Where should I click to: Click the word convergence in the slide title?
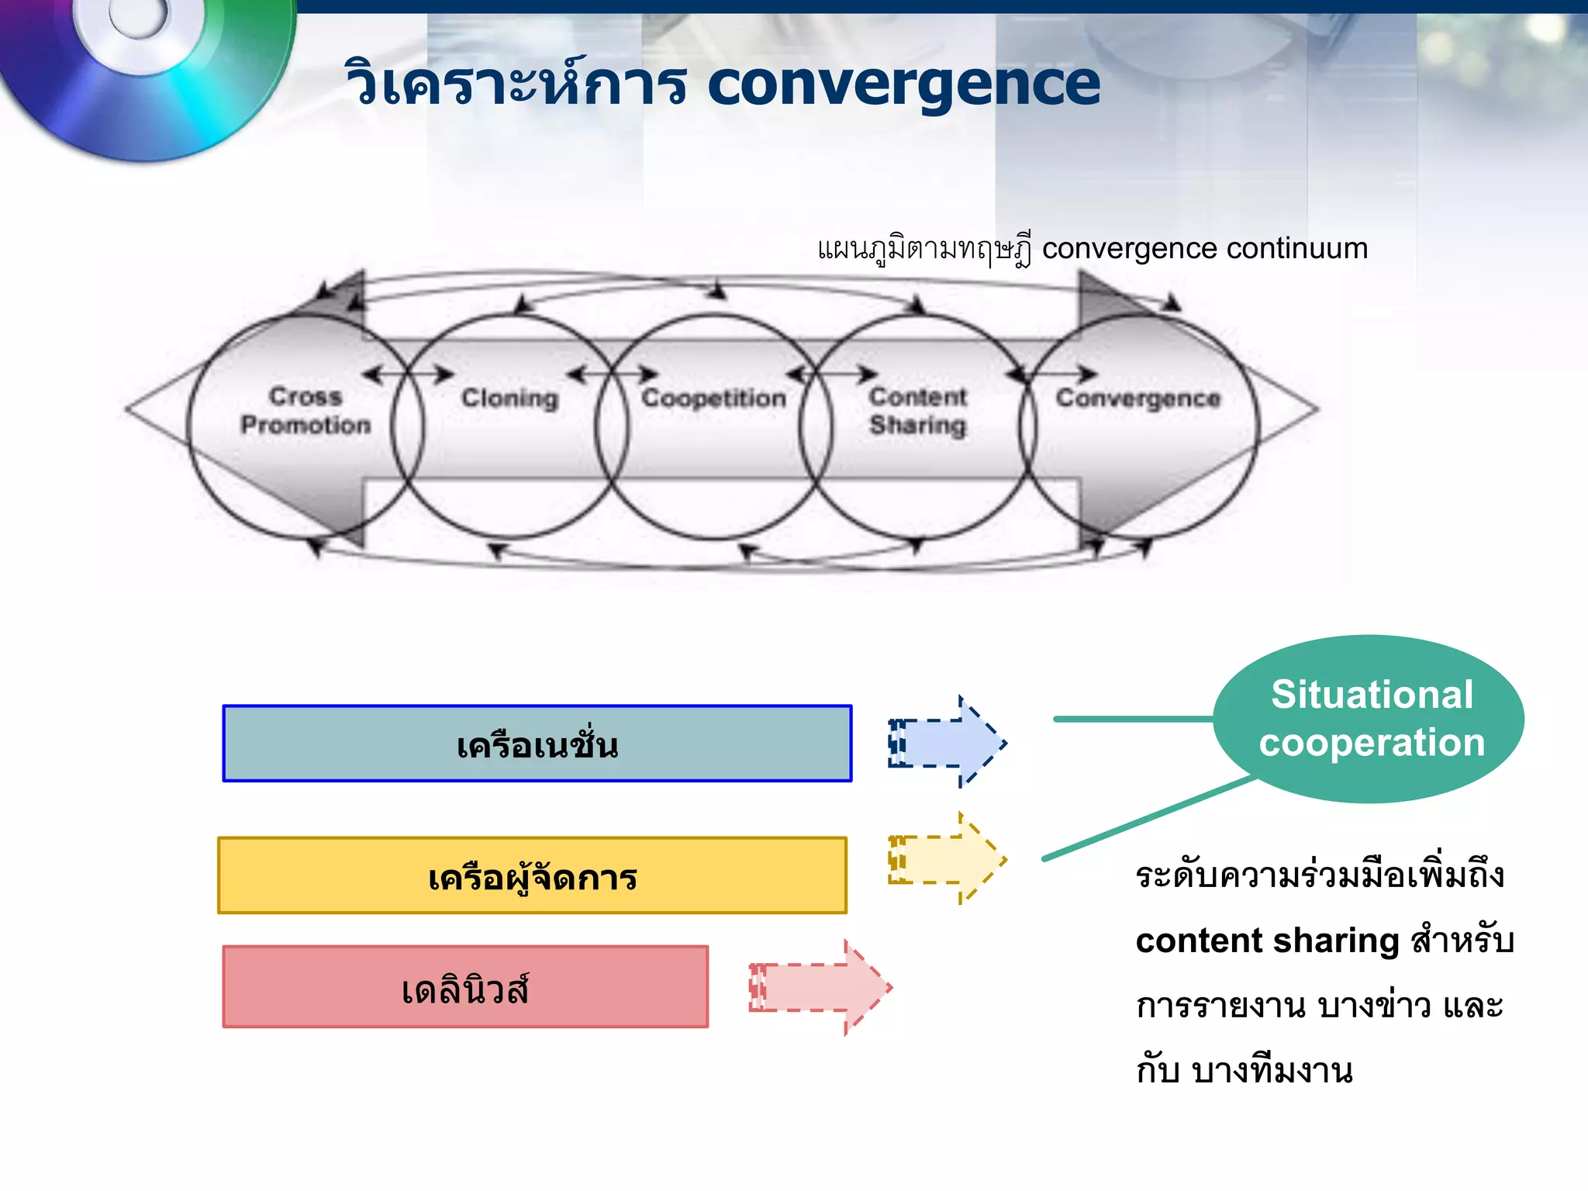(x=903, y=85)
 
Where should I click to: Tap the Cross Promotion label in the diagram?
(x=306, y=411)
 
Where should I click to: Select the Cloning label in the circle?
(x=509, y=399)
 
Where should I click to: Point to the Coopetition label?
(x=713, y=399)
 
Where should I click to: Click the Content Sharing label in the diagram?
(x=917, y=411)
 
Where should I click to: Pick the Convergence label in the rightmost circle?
(x=1137, y=399)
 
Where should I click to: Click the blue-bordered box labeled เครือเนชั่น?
(x=537, y=744)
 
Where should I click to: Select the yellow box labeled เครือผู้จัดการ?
(x=532, y=875)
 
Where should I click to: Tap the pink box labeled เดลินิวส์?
(x=465, y=987)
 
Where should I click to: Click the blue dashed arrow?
(x=948, y=743)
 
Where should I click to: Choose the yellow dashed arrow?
(x=948, y=859)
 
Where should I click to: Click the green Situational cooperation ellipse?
(x=1369, y=719)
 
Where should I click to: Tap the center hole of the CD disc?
(x=138, y=16)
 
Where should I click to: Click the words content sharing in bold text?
(x=1267, y=941)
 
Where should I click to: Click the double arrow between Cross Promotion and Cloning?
(x=408, y=375)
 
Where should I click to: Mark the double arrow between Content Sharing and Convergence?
(x=1052, y=375)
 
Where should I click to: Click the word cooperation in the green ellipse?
(x=1371, y=743)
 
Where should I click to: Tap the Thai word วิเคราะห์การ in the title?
(x=516, y=85)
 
